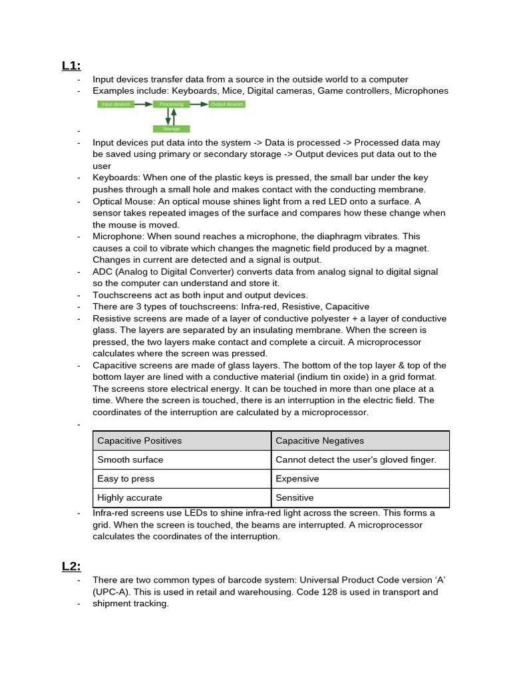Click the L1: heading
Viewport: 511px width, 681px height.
point(71,65)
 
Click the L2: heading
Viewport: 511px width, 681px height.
point(71,566)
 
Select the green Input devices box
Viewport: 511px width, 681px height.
point(116,104)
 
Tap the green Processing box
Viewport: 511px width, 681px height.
point(171,104)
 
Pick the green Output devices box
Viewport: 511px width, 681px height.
point(227,104)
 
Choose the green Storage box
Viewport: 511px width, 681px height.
point(171,128)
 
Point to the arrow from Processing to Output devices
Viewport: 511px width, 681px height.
point(199,104)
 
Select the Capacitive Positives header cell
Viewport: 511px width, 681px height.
point(182,440)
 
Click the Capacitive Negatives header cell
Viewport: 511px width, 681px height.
point(360,440)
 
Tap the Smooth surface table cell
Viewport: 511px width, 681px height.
point(182,460)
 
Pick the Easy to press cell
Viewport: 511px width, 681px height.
point(182,479)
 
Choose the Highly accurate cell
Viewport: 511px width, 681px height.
point(182,497)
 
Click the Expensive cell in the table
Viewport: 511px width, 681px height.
point(360,479)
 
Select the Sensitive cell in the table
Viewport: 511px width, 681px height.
point(360,497)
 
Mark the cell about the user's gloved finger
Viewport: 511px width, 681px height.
point(360,460)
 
